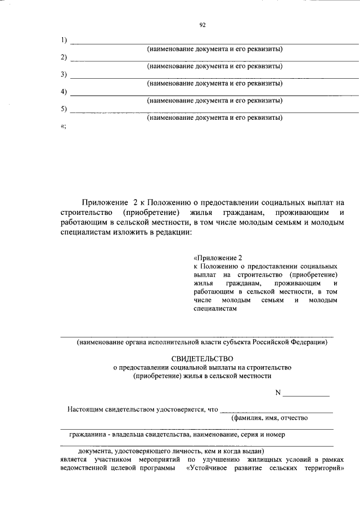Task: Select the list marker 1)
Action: [x=64, y=40]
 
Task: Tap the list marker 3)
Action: [x=64, y=75]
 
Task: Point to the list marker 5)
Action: [x=64, y=109]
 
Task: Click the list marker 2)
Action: [x=64, y=57]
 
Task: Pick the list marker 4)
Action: [x=64, y=92]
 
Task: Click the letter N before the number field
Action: [x=277, y=392]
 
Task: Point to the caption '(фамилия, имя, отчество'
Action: [x=269, y=418]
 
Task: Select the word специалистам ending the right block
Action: [x=213, y=309]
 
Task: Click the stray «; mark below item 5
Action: [x=63, y=127]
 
